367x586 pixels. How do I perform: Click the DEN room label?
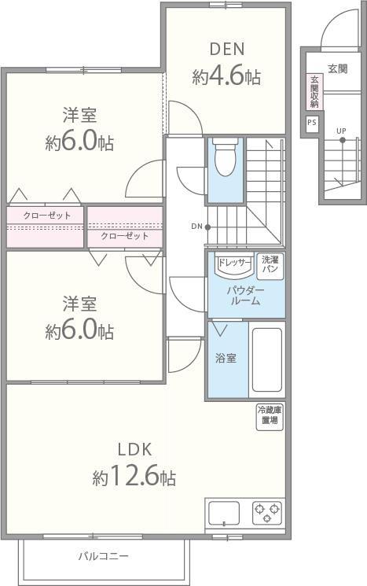(226, 49)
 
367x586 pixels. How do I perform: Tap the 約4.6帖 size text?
(226, 77)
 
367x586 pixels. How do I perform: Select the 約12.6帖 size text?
(134, 477)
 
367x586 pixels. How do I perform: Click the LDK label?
(134, 449)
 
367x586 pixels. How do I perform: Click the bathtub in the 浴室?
(266, 361)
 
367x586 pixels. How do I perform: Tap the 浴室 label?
(226, 358)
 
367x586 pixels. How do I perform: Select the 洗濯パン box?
(270, 264)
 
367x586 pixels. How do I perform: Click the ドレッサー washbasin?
(233, 265)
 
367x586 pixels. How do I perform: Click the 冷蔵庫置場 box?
(269, 415)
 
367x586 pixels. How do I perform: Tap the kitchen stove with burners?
(267, 513)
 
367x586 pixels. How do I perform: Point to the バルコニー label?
(103, 556)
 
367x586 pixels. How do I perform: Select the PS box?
(312, 123)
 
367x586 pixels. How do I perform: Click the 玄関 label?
(337, 67)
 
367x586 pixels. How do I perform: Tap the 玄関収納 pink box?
(314, 92)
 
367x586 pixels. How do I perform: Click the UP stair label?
(341, 130)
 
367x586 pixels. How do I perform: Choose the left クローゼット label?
(46, 216)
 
